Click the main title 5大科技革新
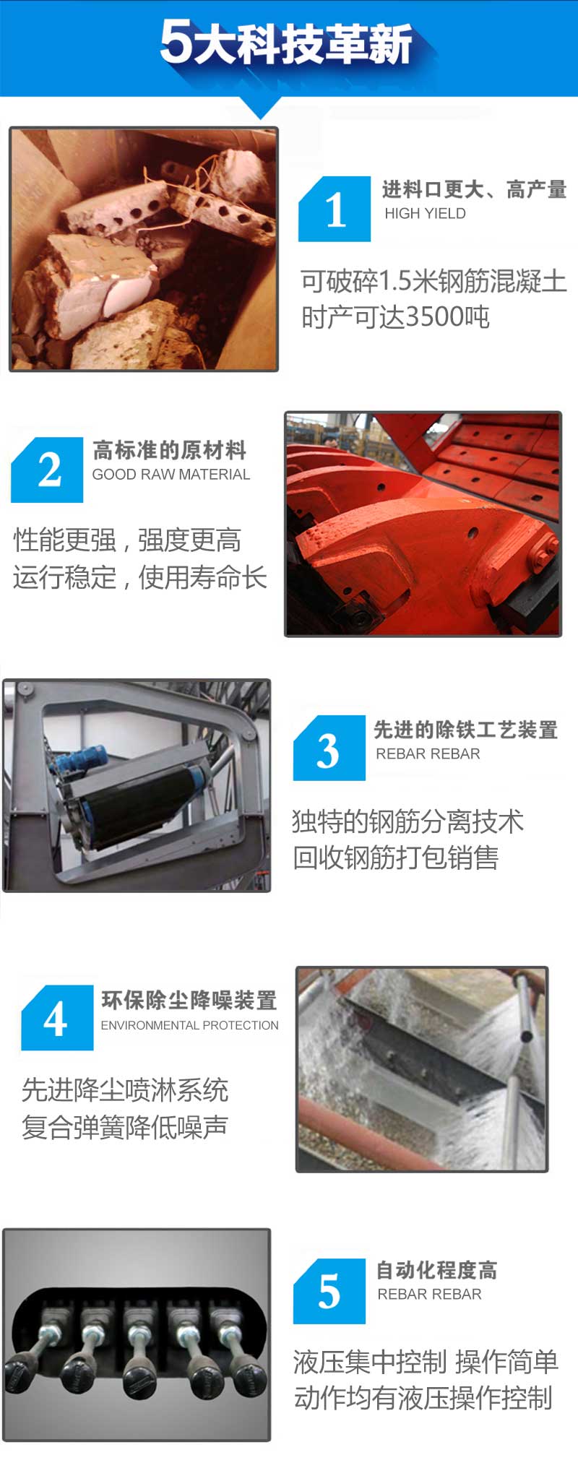pos(286,43)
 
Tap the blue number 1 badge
pos(335,209)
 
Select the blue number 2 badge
pos(47,470)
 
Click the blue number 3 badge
pos(329,748)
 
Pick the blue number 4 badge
pos(57,1017)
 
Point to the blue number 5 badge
pos(329,1291)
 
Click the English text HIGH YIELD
pos(425,213)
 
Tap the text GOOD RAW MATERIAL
pos(171,475)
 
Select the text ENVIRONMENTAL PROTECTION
pos(189,1025)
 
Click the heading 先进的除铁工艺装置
pos(466,730)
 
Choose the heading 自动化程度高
pos(436,1270)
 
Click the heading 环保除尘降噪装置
pos(189,1000)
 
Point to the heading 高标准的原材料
pos(170,450)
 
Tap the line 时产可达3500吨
pos(395,316)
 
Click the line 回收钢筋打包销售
pos(396,858)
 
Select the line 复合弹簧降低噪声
pos(125,1126)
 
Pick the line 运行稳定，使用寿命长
pos(140,577)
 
